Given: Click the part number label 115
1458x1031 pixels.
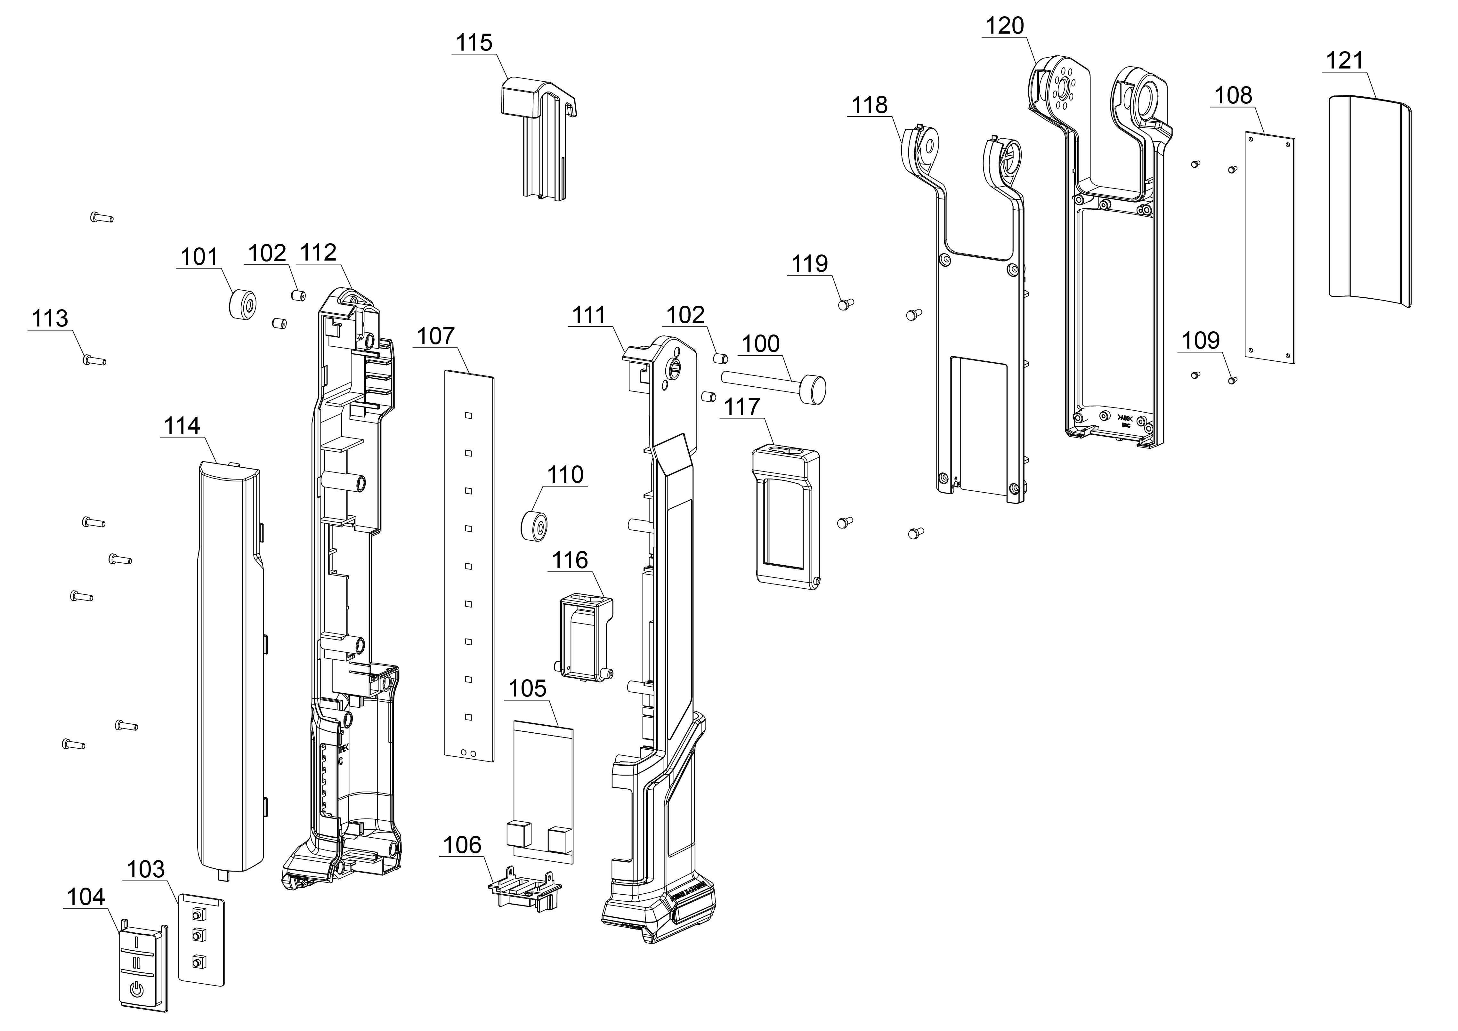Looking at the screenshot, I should (474, 43).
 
